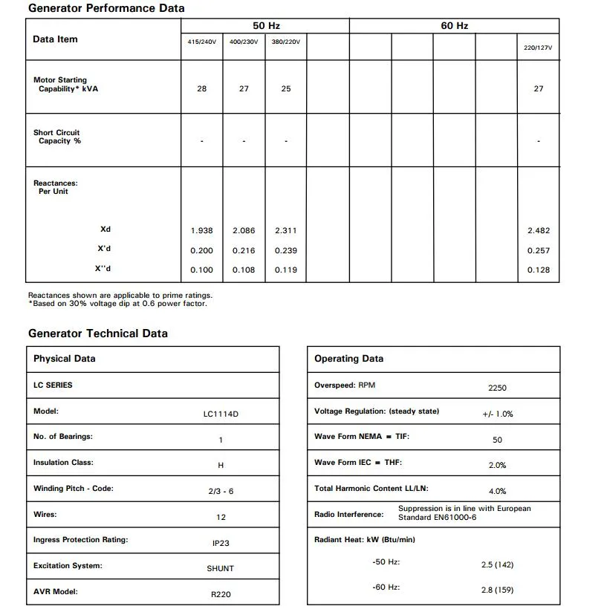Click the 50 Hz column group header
pyautogui.click(x=265, y=26)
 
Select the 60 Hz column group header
pyautogui.click(x=454, y=26)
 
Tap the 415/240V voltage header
pyautogui.click(x=202, y=42)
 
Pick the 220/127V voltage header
pyautogui.click(x=538, y=48)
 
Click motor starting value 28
pyautogui.click(x=202, y=88)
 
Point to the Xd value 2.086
pyautogui.click(x=244, y=231)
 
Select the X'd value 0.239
pyautogui.click(x=286, y=251)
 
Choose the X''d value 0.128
pyautogui.click(x=538, y=270)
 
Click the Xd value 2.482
pyautogui.click(x=538, y=231)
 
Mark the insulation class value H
pyautogui.click(x=221, y=466)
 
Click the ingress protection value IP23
pyautogui.click(x=221, y=544)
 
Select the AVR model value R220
pyautogui.click(x=221, y=594)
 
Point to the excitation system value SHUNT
pyautogui.click(x=221, y=569)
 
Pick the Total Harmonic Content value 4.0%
pyautogui.click(x=497, y=492)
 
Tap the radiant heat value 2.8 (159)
pyautogui.click(x=497, y=590)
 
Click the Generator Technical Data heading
pyautogui.click(x=98, y=333)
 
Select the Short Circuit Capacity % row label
pyautogui.click(x=57, y=137)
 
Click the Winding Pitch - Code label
pyautogui.click(x=74, y=489)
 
